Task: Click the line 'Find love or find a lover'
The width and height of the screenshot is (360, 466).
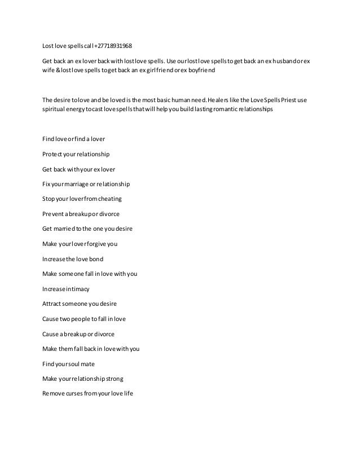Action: [x=73, y=139]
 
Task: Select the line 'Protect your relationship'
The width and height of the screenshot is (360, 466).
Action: [x=76, y=154]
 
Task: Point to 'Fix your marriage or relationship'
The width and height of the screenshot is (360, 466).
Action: [x=86, y=184]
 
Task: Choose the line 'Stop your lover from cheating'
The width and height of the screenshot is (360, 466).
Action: [x=82, y=199]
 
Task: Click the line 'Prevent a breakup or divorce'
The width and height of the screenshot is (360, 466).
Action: [x=81, y=214]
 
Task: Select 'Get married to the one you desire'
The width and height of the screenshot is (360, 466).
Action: [x=87, y=229]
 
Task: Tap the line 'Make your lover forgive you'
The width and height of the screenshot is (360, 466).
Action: [x=80, y=244]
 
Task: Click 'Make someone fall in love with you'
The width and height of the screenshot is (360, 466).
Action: [x=90, y=274]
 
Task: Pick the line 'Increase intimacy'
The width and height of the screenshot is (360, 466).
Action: [x=66, y=289]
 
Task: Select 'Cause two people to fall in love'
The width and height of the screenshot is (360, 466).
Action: [x=84, y=319]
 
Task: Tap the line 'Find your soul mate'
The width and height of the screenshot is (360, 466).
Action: [x=68, y=364]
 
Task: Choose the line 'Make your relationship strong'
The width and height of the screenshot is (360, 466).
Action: [x=82, y=379]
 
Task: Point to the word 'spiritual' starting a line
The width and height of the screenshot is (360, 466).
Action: [x=54, y=110]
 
